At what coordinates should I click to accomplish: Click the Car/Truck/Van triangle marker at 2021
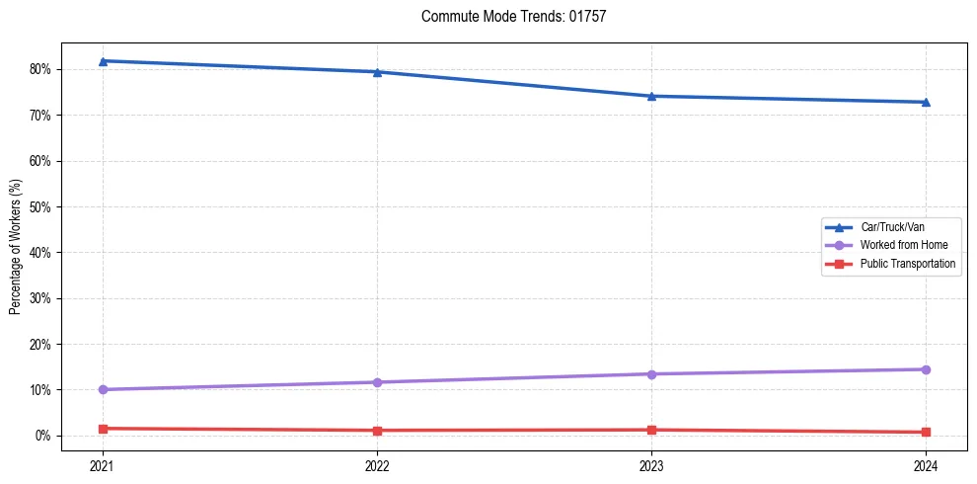click(x=103, y=61)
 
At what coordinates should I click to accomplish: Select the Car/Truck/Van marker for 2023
click(x=651, y=96)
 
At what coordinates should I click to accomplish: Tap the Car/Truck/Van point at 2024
click(x=926, y=102)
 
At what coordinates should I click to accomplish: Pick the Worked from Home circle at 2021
click(x=103, y=389)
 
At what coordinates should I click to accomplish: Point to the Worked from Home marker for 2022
click(x=377, y=382)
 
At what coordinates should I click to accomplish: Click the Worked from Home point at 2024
click(x=926, y=369)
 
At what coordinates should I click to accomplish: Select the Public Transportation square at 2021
click(x=103, y=429)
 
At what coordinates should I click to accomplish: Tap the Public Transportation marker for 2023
click(x=651, y=430)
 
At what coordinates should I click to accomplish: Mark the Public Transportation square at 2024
click(x=926, y=432)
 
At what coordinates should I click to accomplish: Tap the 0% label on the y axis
click(x=43, y=436)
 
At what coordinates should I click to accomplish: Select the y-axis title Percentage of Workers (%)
click(x=16, y=246)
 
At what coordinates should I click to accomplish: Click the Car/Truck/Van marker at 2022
click(x=377, y=72)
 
